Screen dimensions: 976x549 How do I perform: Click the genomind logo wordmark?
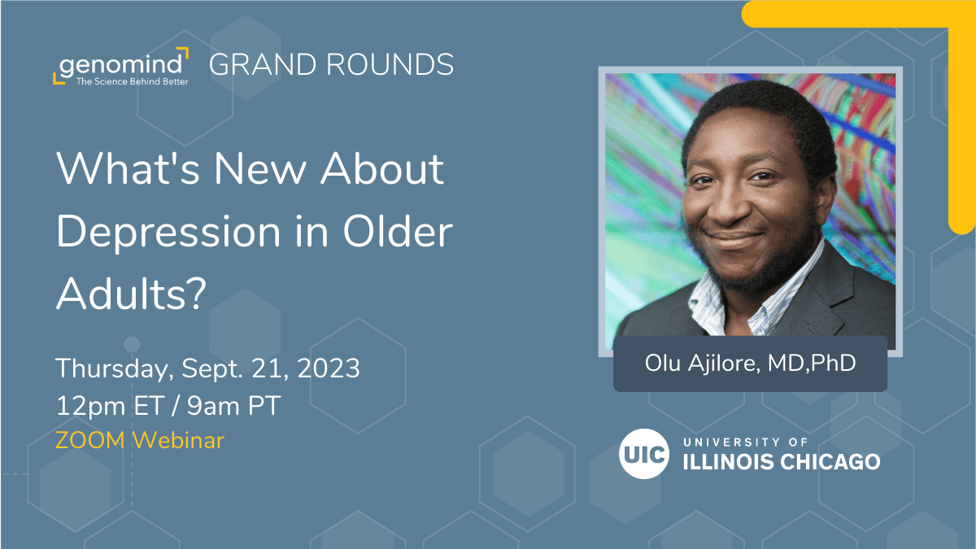(x=120, y=65)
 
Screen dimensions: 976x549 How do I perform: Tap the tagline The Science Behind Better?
(x=132, y=81)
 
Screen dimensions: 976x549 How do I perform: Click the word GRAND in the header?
(x=263, y=64)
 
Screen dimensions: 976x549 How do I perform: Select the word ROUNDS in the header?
(x=390, y=64)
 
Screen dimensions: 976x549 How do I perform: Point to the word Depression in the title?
(x=168, y=233)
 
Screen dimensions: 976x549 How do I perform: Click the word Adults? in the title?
(x=131, y=294)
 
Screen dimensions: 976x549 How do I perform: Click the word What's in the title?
(x=129, y=168)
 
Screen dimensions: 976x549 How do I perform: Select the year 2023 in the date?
(x=328, y=368)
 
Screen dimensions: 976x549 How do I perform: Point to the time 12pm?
(x=90, y=407)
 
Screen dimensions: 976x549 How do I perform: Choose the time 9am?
(x=213, y=407)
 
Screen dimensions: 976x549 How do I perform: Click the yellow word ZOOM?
(x=90, y=440)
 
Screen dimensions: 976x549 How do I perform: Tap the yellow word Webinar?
(x=179, y=440)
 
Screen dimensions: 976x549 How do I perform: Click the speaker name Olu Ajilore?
(x=703, y=364)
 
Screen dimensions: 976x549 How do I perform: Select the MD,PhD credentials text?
(x=812, y=363)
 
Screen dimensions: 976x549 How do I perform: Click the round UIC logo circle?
(x=644, y=454)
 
